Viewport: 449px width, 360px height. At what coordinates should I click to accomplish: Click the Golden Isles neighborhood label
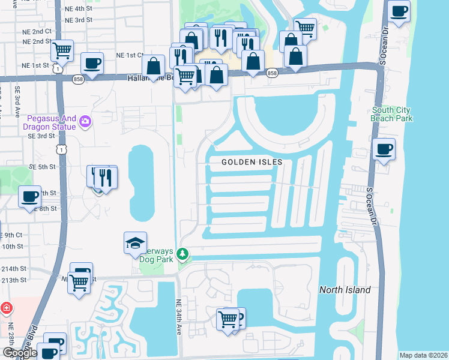pos(252,162)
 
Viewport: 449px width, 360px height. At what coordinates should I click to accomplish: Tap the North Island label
pos(345,290)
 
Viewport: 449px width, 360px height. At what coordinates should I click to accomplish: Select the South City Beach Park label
pos(392,114)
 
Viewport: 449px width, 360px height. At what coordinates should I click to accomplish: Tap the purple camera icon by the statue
pos(85,122)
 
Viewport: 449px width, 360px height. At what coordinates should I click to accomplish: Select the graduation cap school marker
pos(135,243)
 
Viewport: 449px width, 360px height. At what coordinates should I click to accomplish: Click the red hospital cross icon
pos(6,308)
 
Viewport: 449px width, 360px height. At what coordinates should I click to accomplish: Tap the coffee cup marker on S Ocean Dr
pos(384,150)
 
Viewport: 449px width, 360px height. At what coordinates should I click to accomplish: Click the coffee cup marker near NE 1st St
pos(92,64)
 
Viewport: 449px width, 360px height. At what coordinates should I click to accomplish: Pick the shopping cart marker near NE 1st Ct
pos(62,51)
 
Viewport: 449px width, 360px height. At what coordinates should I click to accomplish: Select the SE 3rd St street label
pos(41,136)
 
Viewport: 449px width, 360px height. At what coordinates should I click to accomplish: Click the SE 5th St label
pos(41,166)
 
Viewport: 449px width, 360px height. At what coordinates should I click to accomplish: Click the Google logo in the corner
pos(20,353)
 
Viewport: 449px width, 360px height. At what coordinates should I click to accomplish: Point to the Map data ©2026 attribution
pos(423,355)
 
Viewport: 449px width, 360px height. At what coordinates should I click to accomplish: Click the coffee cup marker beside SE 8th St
pos(29,197)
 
